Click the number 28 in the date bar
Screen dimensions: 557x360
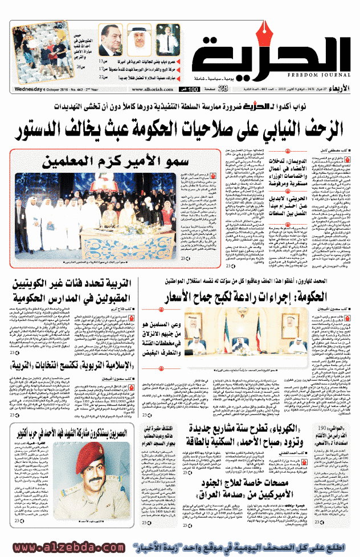(x=223, y=88)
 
